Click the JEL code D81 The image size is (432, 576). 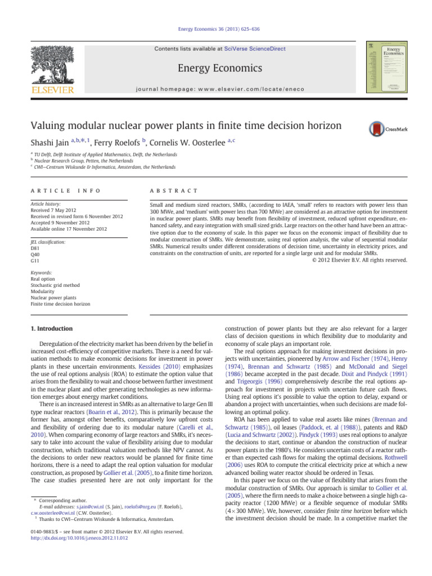click(x=35, y=247)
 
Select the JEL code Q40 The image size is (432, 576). click(x=35, y=254)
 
